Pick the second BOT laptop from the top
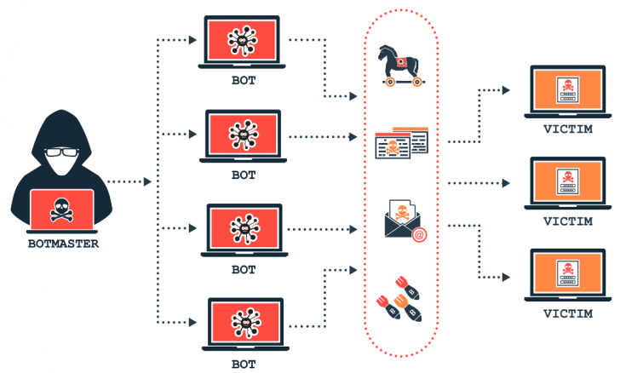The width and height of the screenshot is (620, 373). pos(244,134)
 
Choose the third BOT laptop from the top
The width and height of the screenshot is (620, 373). pos(244,228)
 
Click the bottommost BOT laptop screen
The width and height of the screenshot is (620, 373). pos(244,321)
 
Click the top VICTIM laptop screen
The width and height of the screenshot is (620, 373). pos(565,90)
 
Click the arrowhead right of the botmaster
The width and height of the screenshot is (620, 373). pos(148,181)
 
